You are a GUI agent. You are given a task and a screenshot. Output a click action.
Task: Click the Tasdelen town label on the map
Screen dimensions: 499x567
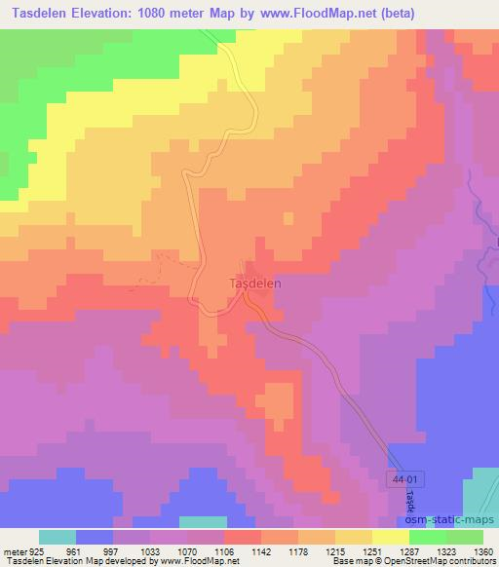click(x=254, y=283)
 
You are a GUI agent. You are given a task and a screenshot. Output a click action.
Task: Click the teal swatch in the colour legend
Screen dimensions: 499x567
click(x=57, y=537)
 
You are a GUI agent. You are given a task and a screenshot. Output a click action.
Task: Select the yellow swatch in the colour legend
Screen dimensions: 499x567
click(x=390, y=537)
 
